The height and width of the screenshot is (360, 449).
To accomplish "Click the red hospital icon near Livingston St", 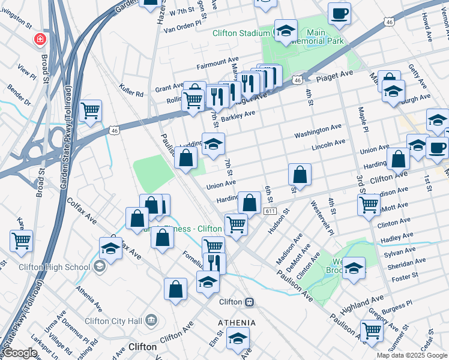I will click(40, 39).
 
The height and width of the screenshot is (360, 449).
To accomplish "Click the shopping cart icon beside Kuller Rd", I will click(90, 110).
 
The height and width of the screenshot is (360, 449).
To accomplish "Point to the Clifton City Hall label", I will click(113, 320).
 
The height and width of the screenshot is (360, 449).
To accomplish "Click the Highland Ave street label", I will click(361, 302).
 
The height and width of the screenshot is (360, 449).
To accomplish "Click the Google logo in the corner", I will click(20, 353).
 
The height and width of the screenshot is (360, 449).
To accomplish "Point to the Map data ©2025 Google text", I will click(411, 355).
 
